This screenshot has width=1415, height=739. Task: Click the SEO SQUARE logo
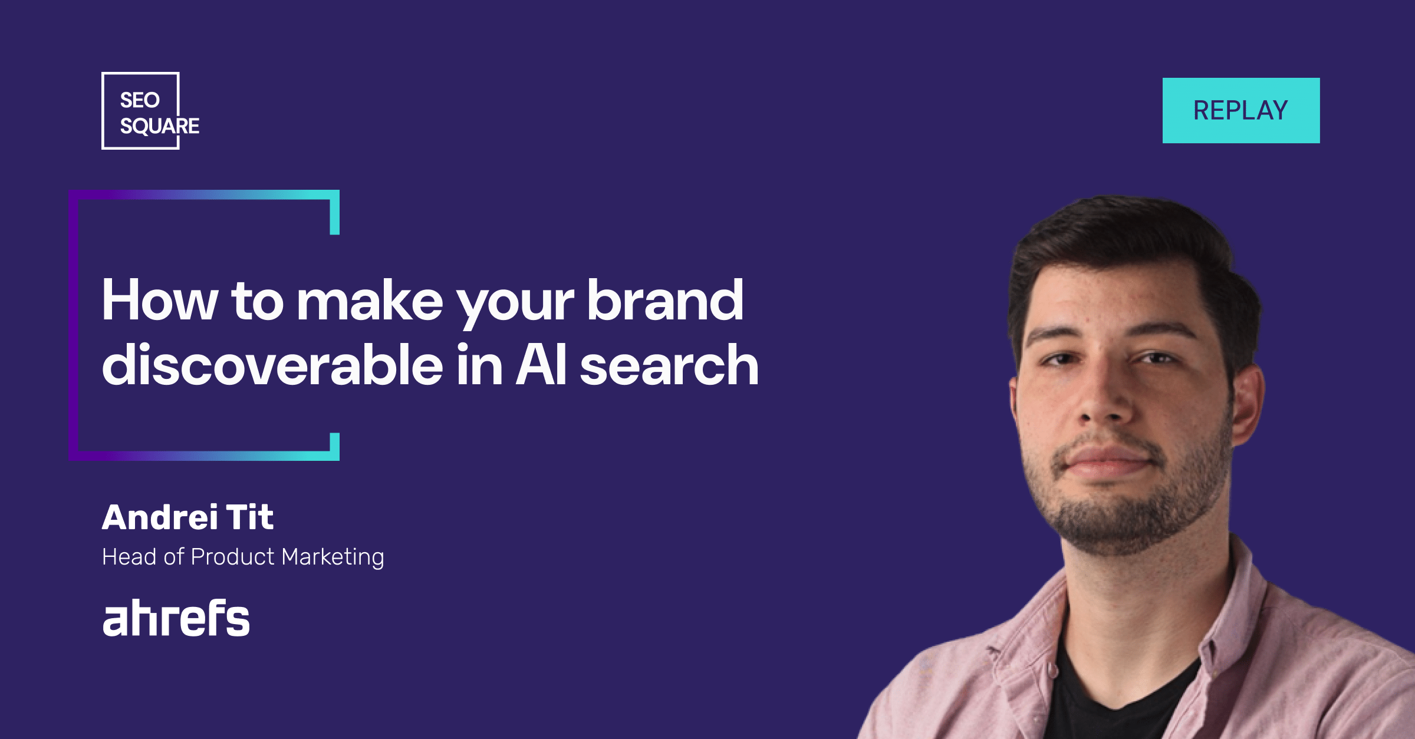pos(150,111)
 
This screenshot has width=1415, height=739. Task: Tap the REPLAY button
pos(1241,110)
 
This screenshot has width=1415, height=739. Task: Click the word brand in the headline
pos(664,300)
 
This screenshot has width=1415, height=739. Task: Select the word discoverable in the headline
pos(272,365)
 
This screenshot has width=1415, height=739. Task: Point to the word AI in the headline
pos(541,365)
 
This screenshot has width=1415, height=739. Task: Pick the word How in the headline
pos(160,300)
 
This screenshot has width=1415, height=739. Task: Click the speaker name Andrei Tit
pos(187,517)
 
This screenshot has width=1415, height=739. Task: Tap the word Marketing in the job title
pos(333,557)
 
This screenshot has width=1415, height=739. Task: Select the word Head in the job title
pos(129,557)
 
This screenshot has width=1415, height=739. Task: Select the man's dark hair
pos(1132,248)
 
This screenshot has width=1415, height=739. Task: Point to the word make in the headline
pos(369,300)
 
